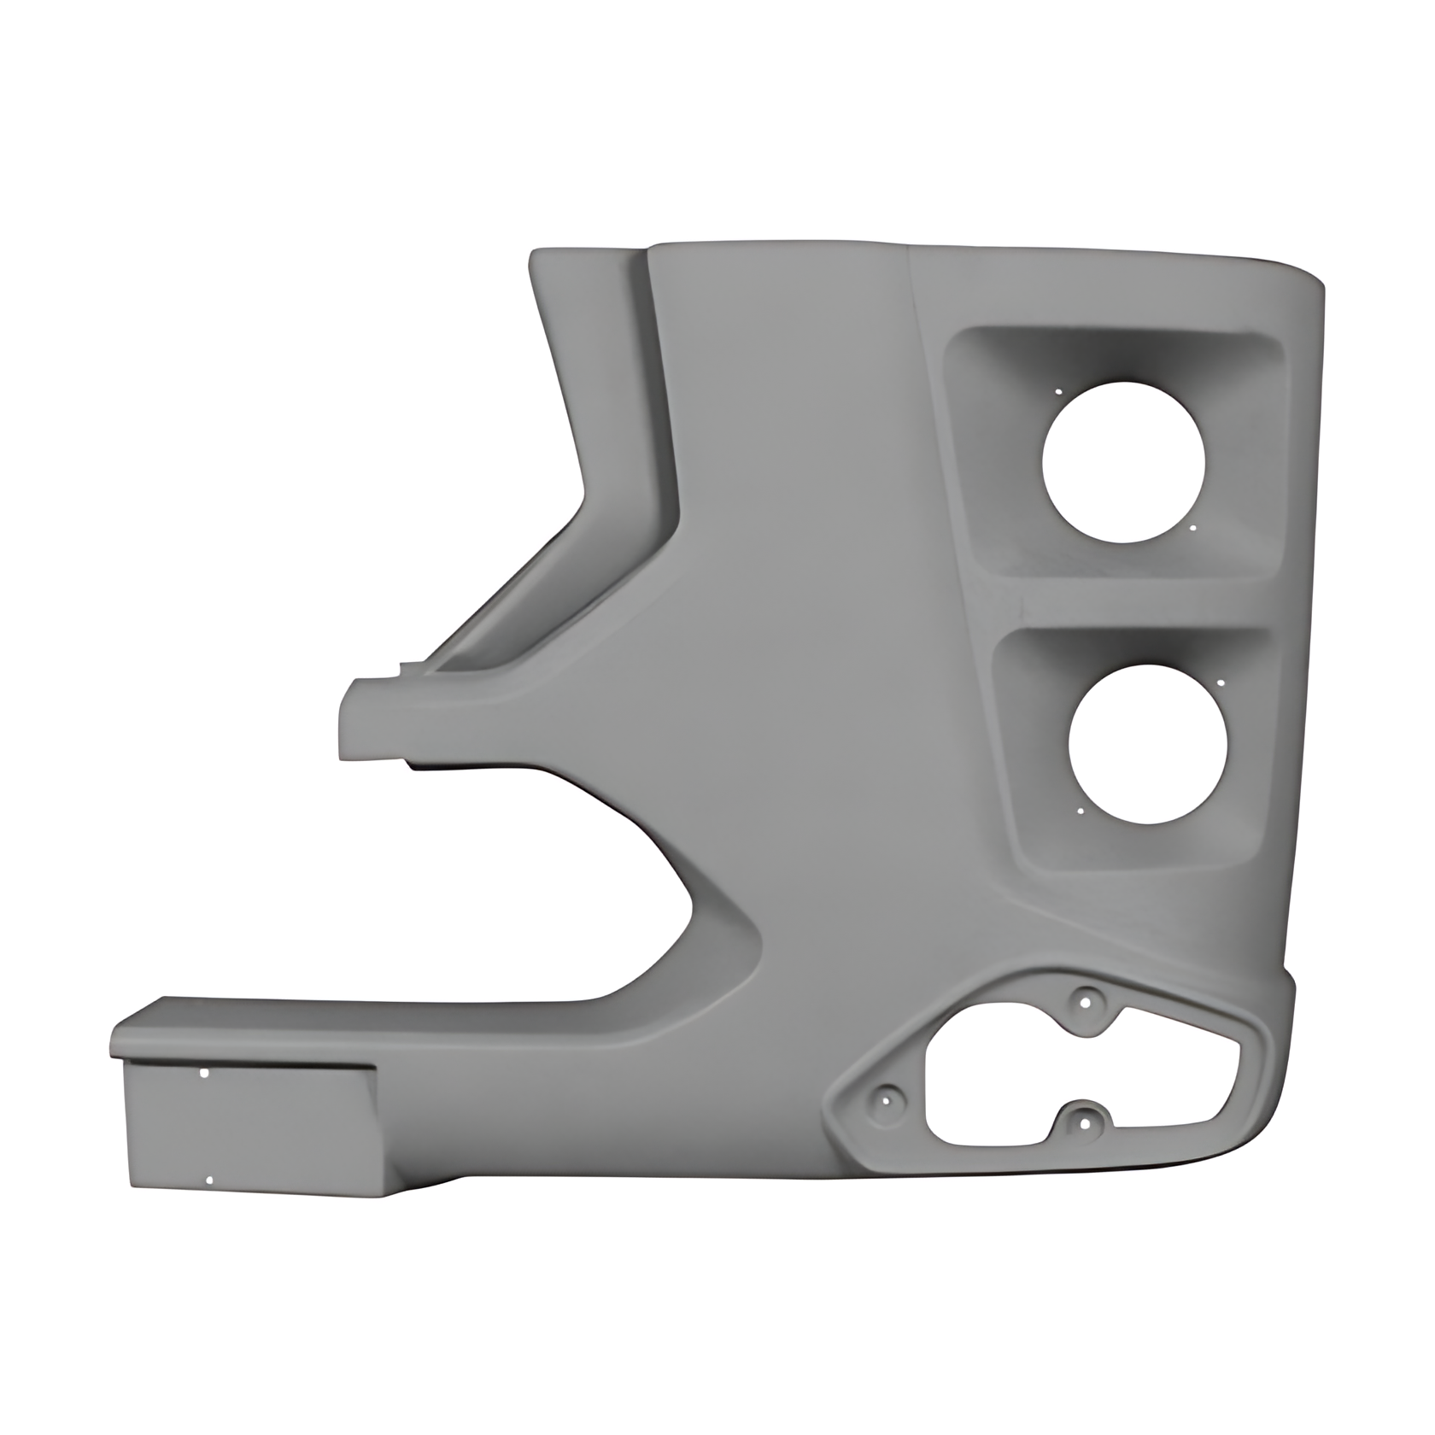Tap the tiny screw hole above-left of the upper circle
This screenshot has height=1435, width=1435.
click(1057, 393)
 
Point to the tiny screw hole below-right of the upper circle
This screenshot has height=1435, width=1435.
click(1192, 528)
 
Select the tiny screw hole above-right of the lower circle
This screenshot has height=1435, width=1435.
click(1220, 683)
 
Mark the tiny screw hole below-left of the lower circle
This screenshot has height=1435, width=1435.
click(1081, 811)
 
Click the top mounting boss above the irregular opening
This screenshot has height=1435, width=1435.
click(1086, 1000)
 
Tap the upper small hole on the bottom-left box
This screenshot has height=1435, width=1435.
click(203, 1073)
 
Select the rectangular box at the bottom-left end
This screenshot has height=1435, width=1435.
click(248, 1127)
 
